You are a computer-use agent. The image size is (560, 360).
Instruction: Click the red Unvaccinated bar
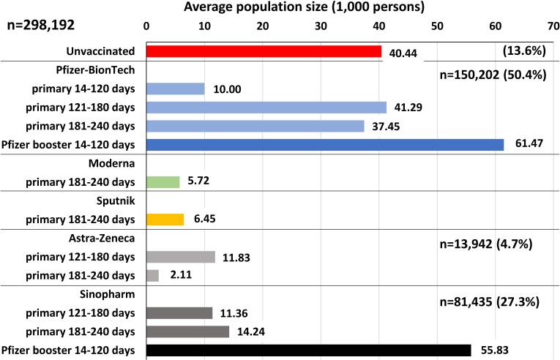tap(264, 51)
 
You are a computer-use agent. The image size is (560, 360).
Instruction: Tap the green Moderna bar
tap(163, 182)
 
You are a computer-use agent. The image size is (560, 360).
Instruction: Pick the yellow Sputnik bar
tap(165, 219)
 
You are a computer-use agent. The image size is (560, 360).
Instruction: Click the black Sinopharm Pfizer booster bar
tap(308, 350)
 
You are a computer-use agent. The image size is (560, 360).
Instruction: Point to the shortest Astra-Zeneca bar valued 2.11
tap(152, 275)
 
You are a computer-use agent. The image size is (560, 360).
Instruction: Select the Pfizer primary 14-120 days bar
tap(175, 89)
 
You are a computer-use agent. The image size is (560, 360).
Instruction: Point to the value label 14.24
tap(250, 331)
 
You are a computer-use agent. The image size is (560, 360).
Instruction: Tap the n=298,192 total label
tap(42, 26)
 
